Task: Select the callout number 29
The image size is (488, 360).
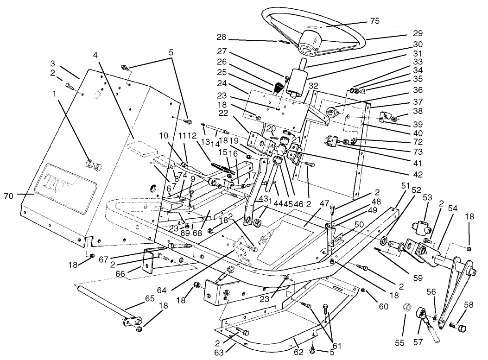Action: click(418, 34)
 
